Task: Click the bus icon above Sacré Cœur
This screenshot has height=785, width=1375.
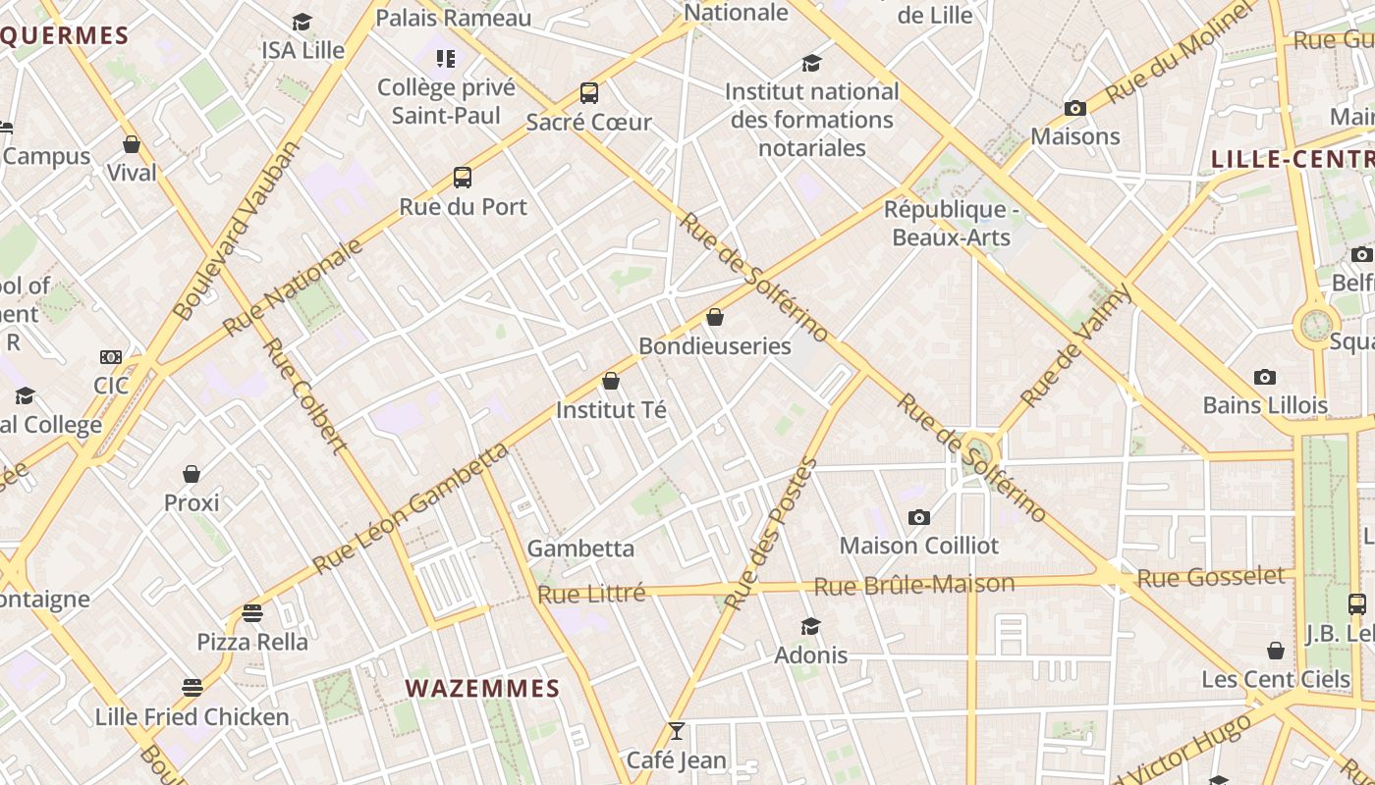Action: (589, 93)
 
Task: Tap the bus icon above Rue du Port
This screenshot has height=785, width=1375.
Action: (463, 178)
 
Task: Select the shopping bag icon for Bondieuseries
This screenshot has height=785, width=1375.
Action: (715, 317)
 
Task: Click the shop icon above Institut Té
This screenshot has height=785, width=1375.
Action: (611, 381)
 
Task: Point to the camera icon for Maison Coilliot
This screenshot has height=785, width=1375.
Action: (919, 517)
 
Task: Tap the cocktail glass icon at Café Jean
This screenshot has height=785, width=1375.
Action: (676, 731)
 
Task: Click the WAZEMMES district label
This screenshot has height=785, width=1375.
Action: (482, 689)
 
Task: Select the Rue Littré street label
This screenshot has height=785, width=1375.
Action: (591, 594)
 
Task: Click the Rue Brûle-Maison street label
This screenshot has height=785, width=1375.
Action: (914, 586)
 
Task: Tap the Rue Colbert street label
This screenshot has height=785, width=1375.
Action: (305, 396)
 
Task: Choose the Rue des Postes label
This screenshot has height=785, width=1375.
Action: (770, 534)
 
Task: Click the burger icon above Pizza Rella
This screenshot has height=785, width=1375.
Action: (252, 613)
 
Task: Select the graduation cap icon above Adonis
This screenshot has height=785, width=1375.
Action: (810, 626)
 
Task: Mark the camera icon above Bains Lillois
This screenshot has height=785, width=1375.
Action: (1265, 377)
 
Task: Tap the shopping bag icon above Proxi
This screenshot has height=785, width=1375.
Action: (192, 474)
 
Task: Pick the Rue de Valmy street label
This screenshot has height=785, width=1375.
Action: (1076, 346)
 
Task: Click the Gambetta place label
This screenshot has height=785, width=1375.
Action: (580, 549)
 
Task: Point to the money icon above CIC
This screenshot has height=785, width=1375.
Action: (111, 357)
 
